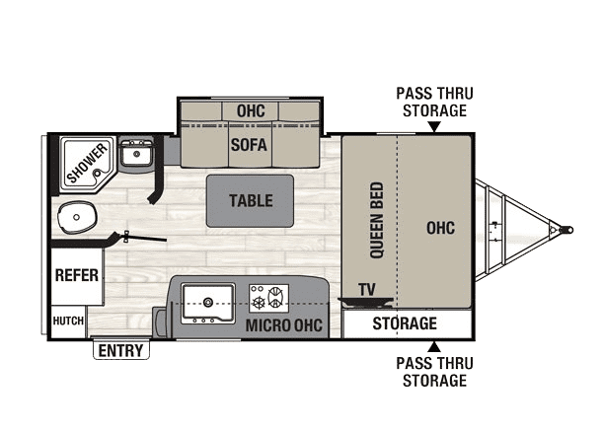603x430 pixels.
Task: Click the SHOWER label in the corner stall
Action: point(87,163)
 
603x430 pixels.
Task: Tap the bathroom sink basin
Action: point(136,154)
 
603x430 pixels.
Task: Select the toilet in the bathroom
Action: point(77,218)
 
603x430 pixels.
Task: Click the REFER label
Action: point(77,275)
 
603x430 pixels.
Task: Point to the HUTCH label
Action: point(68,321)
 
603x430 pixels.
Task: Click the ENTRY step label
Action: point(120,350)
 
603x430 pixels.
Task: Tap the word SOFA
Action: point(249,145)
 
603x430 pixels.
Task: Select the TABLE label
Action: point(251,200)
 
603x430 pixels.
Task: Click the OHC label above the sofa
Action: point(251,111)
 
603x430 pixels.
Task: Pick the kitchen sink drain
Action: point(208,302)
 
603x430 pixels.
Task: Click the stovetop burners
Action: point(268,298)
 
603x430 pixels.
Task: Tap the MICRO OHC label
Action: point(284,325)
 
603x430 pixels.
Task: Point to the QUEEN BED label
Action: point(376,220)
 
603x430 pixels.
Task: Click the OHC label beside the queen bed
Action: point(441,228)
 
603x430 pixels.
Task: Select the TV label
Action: point(366,290)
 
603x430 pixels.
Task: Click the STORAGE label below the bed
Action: point(405,323)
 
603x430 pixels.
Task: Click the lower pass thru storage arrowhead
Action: point(434,346)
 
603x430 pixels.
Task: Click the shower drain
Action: point(98,174)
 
